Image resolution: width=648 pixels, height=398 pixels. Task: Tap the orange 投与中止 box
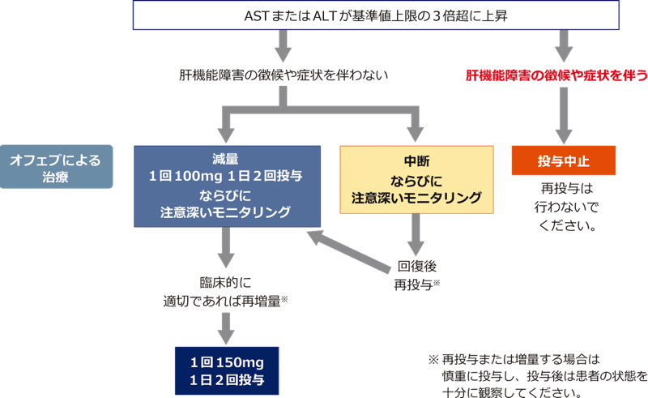(x=563, y=160)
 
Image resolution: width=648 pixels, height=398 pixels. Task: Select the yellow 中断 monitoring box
(x=416, y=178)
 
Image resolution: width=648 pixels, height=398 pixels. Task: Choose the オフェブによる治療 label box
(x=56, y=167)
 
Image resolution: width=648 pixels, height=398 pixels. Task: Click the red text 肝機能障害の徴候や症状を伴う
(x=556, y=75)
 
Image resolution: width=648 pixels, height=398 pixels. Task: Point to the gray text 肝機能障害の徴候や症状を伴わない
(x=283, y=75)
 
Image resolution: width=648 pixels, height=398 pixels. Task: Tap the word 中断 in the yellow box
(x=416, y=160)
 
